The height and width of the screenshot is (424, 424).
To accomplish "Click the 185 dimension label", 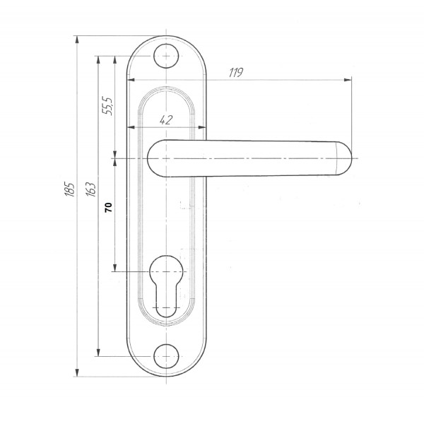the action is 69,189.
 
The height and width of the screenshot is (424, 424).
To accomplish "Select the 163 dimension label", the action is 91,189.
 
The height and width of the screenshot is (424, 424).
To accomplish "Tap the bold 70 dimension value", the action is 108,207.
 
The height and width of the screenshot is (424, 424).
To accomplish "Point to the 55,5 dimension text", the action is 107,106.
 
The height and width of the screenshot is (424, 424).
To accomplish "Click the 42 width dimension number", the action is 166,120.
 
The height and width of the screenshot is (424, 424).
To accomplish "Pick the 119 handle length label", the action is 236,73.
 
